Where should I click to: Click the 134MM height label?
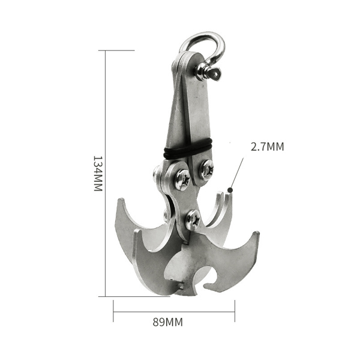98,173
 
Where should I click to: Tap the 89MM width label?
168,322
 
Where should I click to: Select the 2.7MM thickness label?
267,147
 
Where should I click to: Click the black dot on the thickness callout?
230,190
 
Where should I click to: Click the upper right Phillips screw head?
206,169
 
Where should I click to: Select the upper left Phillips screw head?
182,179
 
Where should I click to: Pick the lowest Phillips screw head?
193,220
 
